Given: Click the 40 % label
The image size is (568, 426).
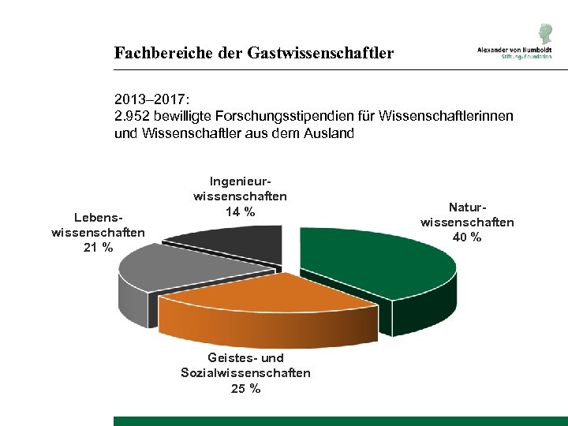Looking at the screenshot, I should (467, 237).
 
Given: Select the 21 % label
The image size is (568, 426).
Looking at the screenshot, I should (98, 248).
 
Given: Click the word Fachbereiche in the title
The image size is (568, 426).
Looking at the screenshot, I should (161, 54).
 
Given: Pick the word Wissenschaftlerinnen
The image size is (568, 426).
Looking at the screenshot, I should (447, 117).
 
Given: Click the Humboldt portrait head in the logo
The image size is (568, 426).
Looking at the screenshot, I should (545, 34).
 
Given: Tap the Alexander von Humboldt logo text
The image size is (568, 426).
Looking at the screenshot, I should (513, 49).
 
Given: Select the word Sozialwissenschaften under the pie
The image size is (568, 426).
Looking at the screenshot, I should (245, 372).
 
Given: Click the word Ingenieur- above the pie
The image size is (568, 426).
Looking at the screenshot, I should (240, 181).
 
